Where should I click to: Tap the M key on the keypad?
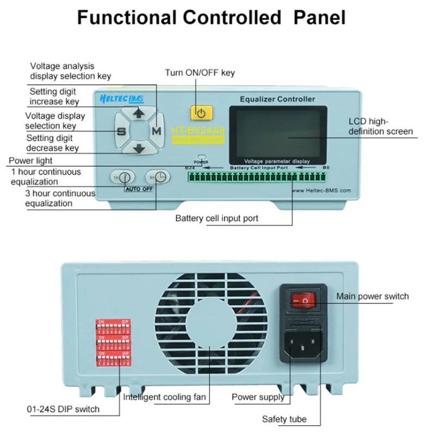[x=157, y=131]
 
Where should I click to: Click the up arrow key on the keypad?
[x=139, y=113]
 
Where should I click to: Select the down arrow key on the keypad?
[x=139, y=148]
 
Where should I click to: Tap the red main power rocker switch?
[x=303, y=299]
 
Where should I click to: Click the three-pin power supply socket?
[x=303, y=345]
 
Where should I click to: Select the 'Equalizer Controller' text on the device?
[x=277, y=99]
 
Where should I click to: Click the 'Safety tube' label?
[x=284, y=419]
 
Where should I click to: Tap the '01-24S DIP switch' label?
[x=63, y=408]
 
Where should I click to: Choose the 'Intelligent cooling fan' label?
[x=165, y=397]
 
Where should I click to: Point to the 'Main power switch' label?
[x=372, y=296]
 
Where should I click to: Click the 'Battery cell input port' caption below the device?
[x=216, y=219]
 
